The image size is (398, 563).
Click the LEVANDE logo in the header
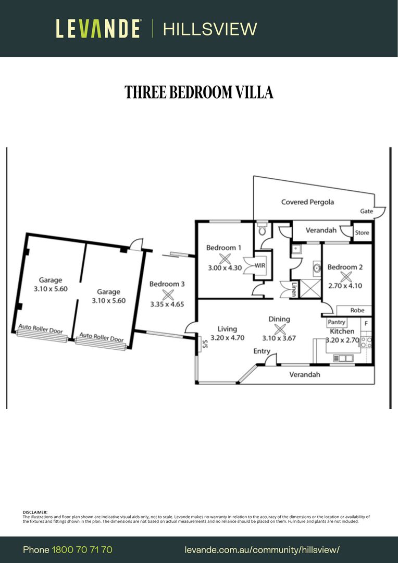(x=97, y=29)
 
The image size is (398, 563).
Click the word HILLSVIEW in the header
(x=210, y=29)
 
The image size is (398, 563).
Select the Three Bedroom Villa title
(x=199, y=92)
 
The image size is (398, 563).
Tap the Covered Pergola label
(x=307, y=202)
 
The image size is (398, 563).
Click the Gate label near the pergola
(x=366, y=211)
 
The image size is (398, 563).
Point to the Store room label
(x=362, y=232)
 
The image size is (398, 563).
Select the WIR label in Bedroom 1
(x=260, y=266)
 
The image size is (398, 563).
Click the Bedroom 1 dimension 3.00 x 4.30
(x=225, y=267)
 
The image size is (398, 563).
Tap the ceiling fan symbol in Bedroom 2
(x=346, y=276)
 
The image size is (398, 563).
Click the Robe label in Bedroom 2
(x=357, y=310)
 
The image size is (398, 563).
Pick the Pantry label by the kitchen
(x=337, y=322)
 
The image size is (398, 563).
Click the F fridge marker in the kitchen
(x=366, y=323)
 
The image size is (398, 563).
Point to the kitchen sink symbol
(x=343, y=358)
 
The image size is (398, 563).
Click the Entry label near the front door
(x=262, y=351)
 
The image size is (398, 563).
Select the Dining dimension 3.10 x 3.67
(x=279, y=338)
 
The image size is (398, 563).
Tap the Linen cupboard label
(x=294, y=289)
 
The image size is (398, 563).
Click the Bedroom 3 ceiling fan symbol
(x=168, y=295)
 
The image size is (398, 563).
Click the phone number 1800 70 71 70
(x=82, y=549)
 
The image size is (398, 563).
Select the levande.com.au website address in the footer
(x=262, y=550)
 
